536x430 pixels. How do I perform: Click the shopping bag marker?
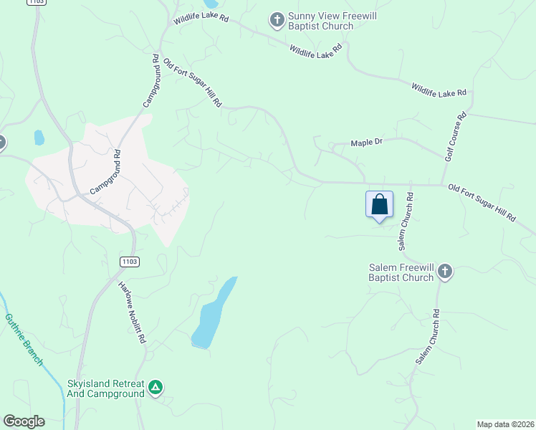tap(379, 204)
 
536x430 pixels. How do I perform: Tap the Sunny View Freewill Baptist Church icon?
tap(277, 21)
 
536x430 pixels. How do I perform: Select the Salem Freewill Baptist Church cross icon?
tap(445, 272)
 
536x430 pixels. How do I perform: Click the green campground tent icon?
tap(155, 388)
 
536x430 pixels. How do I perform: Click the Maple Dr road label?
tap(367, 143)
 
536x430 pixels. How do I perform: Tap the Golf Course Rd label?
tap(455, 136)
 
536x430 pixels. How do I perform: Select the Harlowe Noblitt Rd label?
tap(133, 312)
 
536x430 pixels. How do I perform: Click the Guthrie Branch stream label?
tap(24, 339)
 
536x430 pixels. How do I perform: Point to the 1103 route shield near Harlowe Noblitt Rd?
tap(129, 262)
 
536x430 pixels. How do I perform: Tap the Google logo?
tap(24, 421)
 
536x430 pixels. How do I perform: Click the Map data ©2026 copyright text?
tap(505, 424)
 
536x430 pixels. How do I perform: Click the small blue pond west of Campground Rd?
tap(39, 137)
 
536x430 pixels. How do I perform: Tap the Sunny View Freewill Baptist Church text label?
tap(320, 21)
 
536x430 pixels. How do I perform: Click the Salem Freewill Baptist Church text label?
tap(401, 272)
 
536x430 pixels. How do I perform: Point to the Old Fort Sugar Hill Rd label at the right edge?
tap(482, 203)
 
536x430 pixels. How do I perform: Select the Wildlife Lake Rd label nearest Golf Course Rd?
tap(439, 90)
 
